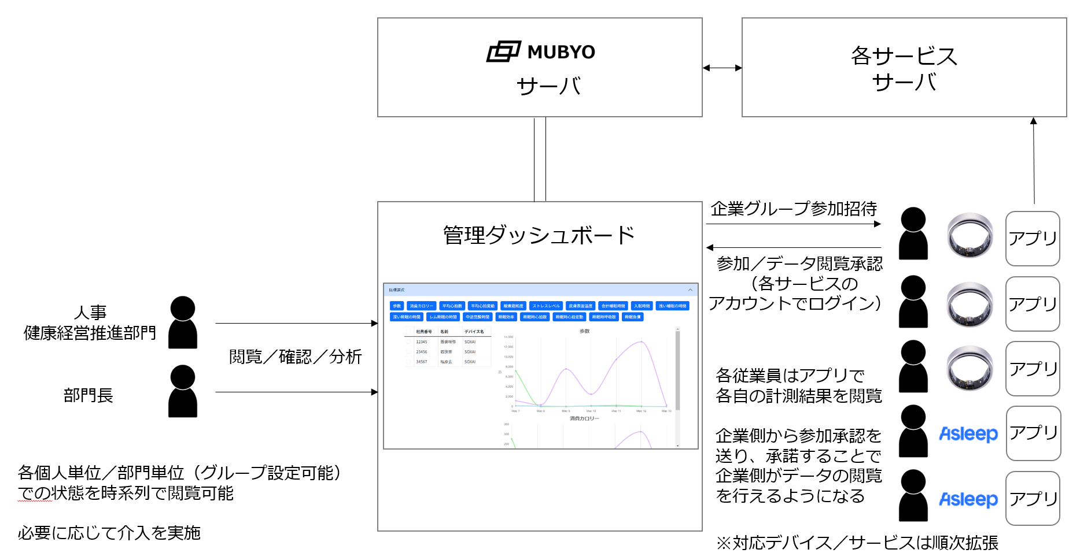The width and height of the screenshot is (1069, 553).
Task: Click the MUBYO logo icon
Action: coord(503,52)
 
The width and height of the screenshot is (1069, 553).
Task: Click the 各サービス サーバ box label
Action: coord(904,68)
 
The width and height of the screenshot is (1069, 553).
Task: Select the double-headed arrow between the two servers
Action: coord(722,68)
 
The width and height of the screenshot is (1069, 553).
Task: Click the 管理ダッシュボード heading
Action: coord(539,235)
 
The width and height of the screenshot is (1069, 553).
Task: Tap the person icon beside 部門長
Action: coord(183,391)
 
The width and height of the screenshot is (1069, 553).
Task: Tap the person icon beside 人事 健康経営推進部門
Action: coord(183,322)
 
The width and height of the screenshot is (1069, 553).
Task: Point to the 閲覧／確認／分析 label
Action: coord(295,357)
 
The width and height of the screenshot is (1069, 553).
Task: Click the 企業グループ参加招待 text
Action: coord(794,209)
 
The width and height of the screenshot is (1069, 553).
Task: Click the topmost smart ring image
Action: coord(970,235)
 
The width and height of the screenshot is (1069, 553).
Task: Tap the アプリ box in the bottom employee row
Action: coord(1033,498)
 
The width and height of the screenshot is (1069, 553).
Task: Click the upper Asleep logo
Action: coord(968,433)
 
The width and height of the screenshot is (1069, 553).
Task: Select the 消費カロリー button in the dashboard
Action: coord(421,306)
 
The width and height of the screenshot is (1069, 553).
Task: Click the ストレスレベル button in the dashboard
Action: coord(546,306)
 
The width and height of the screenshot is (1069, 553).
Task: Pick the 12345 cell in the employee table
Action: coord(421,342)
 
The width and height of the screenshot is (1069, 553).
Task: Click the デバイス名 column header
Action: coord(474,332)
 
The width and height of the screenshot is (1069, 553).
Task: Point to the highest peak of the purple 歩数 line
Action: coord(641,342)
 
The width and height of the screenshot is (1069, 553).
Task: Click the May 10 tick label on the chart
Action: coord(591,411)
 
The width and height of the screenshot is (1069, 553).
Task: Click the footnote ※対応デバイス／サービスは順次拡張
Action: coord(857,543)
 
